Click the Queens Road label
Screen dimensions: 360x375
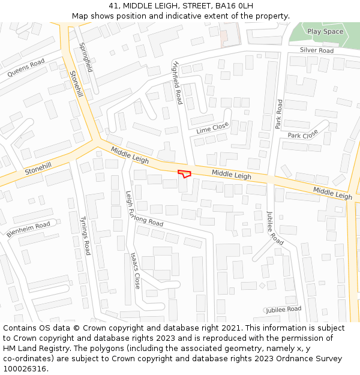point(26,68)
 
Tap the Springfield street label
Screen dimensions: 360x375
point(86,57)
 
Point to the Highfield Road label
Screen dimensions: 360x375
point(177,82)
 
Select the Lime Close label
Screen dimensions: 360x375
point(212,128)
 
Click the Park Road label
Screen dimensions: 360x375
point(278,114)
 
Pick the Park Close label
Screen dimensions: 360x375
point(303,135)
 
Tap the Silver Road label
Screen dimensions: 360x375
point(316,50)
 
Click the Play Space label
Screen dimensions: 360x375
point(325,31)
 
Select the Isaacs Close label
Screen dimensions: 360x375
point(135,270)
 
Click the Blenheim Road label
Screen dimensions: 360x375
point(28,229)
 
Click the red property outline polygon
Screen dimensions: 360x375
point(184,173)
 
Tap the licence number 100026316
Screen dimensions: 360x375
point(25,369)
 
